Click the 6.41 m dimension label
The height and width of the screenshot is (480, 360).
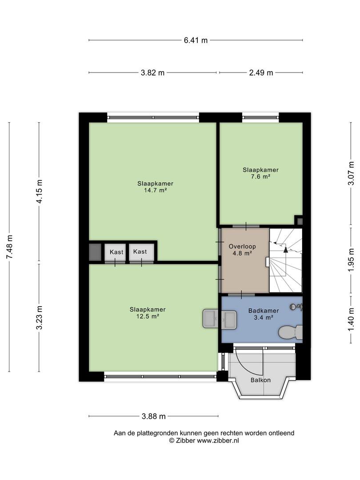(196, 40)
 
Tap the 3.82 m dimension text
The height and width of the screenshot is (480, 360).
(152, 72)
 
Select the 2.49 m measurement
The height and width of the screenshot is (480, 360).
(261, 72)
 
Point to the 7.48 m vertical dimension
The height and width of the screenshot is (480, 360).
(9, 247)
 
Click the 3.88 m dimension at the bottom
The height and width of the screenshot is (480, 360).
(154, 416)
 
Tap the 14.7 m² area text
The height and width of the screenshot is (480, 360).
(155, 190)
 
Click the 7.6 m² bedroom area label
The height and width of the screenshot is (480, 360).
(261, 176)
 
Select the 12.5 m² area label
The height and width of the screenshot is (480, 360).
(148, 316)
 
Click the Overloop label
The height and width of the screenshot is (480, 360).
(242, 246)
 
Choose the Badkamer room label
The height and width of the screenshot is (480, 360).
(264, 311)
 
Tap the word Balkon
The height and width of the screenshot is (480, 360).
(260, 380)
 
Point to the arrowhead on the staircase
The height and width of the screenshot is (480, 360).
(286, 249)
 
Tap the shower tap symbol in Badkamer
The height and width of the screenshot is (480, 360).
(296, 307)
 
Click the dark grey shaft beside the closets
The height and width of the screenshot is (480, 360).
(95, 252)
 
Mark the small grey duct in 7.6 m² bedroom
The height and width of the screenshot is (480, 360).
(300, 221)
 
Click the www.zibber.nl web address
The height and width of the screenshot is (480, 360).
(218, 441)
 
